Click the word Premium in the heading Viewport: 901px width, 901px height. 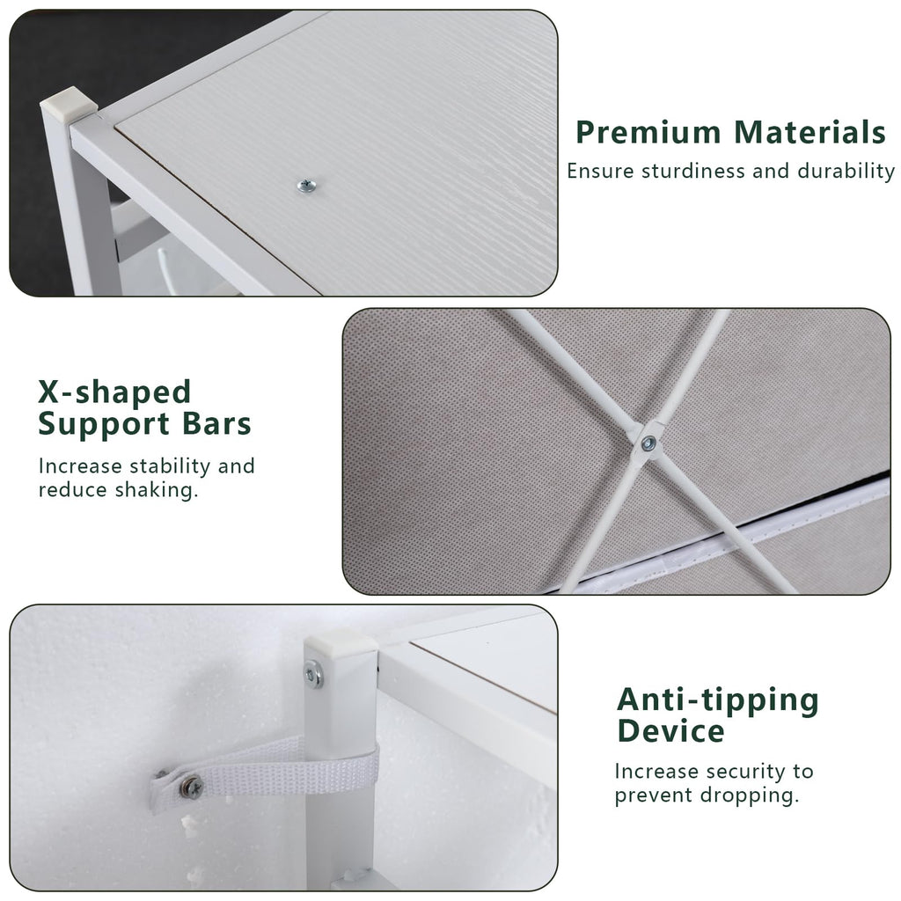(x=648, y=133)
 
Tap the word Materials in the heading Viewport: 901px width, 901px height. (x=810, y=132)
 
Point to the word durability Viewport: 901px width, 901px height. (x=846, y=171)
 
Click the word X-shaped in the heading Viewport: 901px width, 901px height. (x=114, y=392)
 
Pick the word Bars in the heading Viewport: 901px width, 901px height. (x=216, y=423)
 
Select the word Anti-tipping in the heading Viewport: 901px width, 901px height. (x=718, y=700)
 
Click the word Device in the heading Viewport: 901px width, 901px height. (x=670, y=731)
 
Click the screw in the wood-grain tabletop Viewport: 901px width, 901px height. (x=306, y=186)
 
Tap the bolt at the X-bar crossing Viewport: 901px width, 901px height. (x=648, y=443)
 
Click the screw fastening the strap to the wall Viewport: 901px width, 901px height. (x=191, y=787)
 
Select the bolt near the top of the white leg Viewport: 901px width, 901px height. (x=312, y=673)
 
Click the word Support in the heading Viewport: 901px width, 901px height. (x=104, y=425)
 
